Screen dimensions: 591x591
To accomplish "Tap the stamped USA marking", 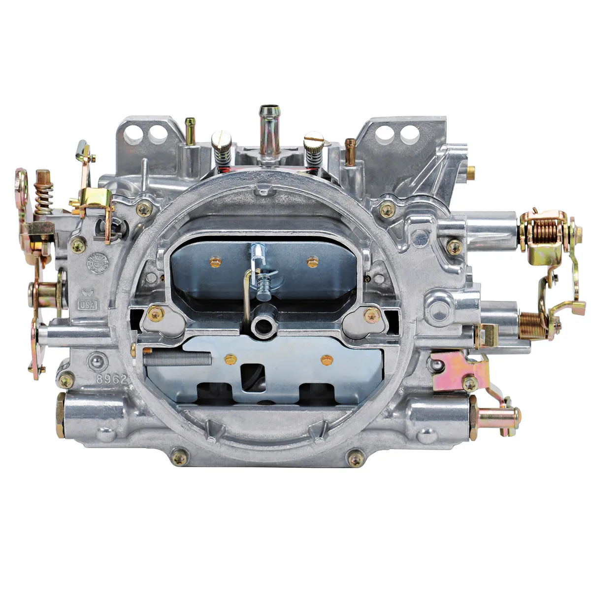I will coord(88,305).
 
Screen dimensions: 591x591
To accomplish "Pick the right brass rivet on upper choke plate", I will coord(312,261).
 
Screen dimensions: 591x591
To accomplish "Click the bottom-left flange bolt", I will coord(179,458).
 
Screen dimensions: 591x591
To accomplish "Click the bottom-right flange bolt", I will coord(356,459).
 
